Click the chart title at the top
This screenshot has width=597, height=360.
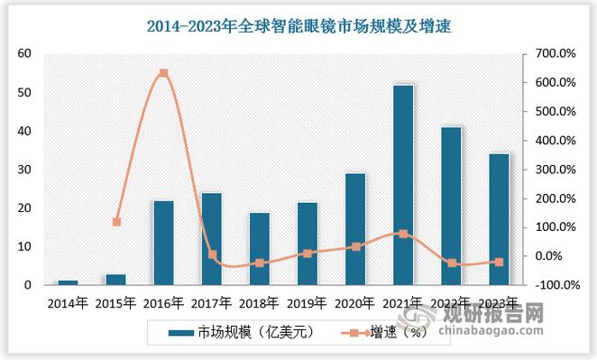click(x=298, y=28)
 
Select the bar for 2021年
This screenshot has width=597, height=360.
click(x=404, y=185)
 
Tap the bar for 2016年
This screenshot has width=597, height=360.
click(x=163, y=243)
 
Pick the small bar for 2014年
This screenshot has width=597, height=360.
click(x=68, y=282)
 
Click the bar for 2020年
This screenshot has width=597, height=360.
click(x=355, y=229)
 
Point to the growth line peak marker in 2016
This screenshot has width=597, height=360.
click(x=163, y=73)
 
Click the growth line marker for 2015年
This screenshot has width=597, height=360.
click(x=115, y=221)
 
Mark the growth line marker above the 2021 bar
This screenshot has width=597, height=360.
click(x=404, y=234)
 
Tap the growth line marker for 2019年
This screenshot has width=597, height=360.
click(x=308, y=254)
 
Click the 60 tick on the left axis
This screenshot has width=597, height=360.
click(x=24, y=54)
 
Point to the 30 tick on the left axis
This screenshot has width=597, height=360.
click(x=24, y=170)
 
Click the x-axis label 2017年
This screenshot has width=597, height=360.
click(x=212, y=303)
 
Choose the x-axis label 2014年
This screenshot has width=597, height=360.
click(x=68, y=303)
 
